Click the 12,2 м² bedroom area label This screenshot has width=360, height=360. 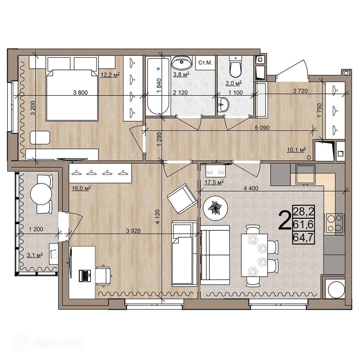click(110, 74)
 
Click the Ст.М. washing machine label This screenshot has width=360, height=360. click(205, 63)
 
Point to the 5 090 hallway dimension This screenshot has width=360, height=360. click(262, 127)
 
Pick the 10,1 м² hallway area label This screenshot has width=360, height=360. click(296, 149)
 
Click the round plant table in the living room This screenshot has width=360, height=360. click(215, 208)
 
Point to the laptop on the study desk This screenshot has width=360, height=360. click(85, 276)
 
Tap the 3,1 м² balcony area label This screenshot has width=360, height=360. click(35, 255)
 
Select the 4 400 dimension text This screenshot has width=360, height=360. click(251, 188)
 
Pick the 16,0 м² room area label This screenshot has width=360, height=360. click(81, 188)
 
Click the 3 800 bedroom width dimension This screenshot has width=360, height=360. click(80, 93)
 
